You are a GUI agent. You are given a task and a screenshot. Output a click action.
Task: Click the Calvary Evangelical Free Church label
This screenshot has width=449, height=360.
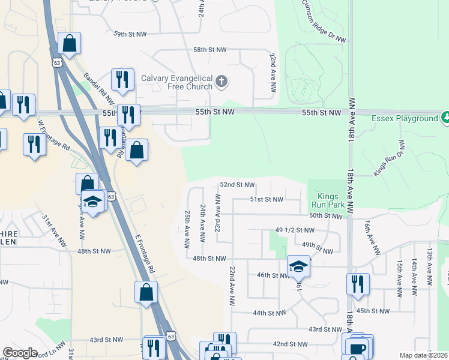(176, 82)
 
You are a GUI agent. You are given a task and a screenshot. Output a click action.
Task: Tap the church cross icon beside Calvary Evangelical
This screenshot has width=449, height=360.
(221, 81)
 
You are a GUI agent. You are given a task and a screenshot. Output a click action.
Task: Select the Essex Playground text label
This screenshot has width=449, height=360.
(405, 118)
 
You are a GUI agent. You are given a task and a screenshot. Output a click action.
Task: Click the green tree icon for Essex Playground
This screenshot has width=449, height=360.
(445, 117)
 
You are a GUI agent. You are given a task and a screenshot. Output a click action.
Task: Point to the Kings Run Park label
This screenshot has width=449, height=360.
(328, 200)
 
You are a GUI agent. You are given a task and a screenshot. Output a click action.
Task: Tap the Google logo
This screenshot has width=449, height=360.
(20, 353)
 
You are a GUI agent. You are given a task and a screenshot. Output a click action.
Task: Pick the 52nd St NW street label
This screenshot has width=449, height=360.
(237, 185)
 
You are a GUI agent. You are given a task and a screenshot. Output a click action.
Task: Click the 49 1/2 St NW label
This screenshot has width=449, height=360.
(295, 230)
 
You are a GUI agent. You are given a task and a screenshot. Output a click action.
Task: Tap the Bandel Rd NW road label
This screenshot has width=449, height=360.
(98, 89)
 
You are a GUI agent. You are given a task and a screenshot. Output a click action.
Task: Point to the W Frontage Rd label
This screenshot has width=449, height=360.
(54, 135)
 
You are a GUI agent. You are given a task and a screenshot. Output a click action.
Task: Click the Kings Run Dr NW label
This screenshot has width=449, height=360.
(389, 158)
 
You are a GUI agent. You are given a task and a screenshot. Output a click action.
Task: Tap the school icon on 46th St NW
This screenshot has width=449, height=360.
(298, 265)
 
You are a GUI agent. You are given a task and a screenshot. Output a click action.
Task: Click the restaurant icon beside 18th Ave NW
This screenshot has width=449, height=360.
(358, 283)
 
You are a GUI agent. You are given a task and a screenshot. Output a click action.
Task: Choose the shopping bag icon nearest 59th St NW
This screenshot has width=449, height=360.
(70, 43)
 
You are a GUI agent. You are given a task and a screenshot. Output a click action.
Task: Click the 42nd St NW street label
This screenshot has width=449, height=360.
(289, 344)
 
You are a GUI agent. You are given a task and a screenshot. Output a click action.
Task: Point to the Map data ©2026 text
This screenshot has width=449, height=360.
(424, 355)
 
